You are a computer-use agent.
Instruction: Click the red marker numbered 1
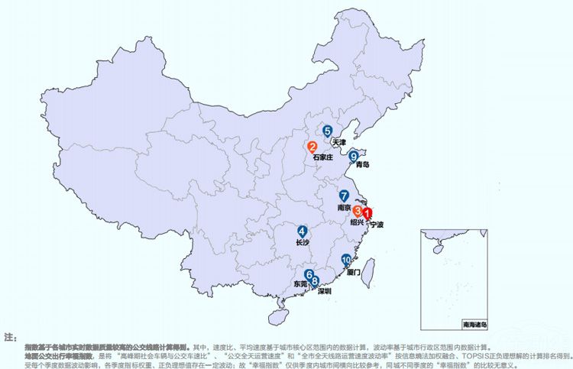(367, 215)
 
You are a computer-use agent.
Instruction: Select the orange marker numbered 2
(312, 147)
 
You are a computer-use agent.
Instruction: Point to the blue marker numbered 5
(327, 131)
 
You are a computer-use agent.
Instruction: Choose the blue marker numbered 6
(309, 275)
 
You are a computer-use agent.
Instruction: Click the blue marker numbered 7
(344, 196)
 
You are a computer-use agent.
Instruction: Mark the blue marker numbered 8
(315, 281)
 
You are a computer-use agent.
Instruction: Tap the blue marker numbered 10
(347, 261)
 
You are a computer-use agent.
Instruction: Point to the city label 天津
(339, 142)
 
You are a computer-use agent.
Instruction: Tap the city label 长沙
(303, 242)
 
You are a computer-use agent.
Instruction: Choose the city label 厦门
(353, 271)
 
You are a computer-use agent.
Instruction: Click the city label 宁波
(376, 225)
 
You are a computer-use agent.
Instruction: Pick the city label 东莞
(301, 284)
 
